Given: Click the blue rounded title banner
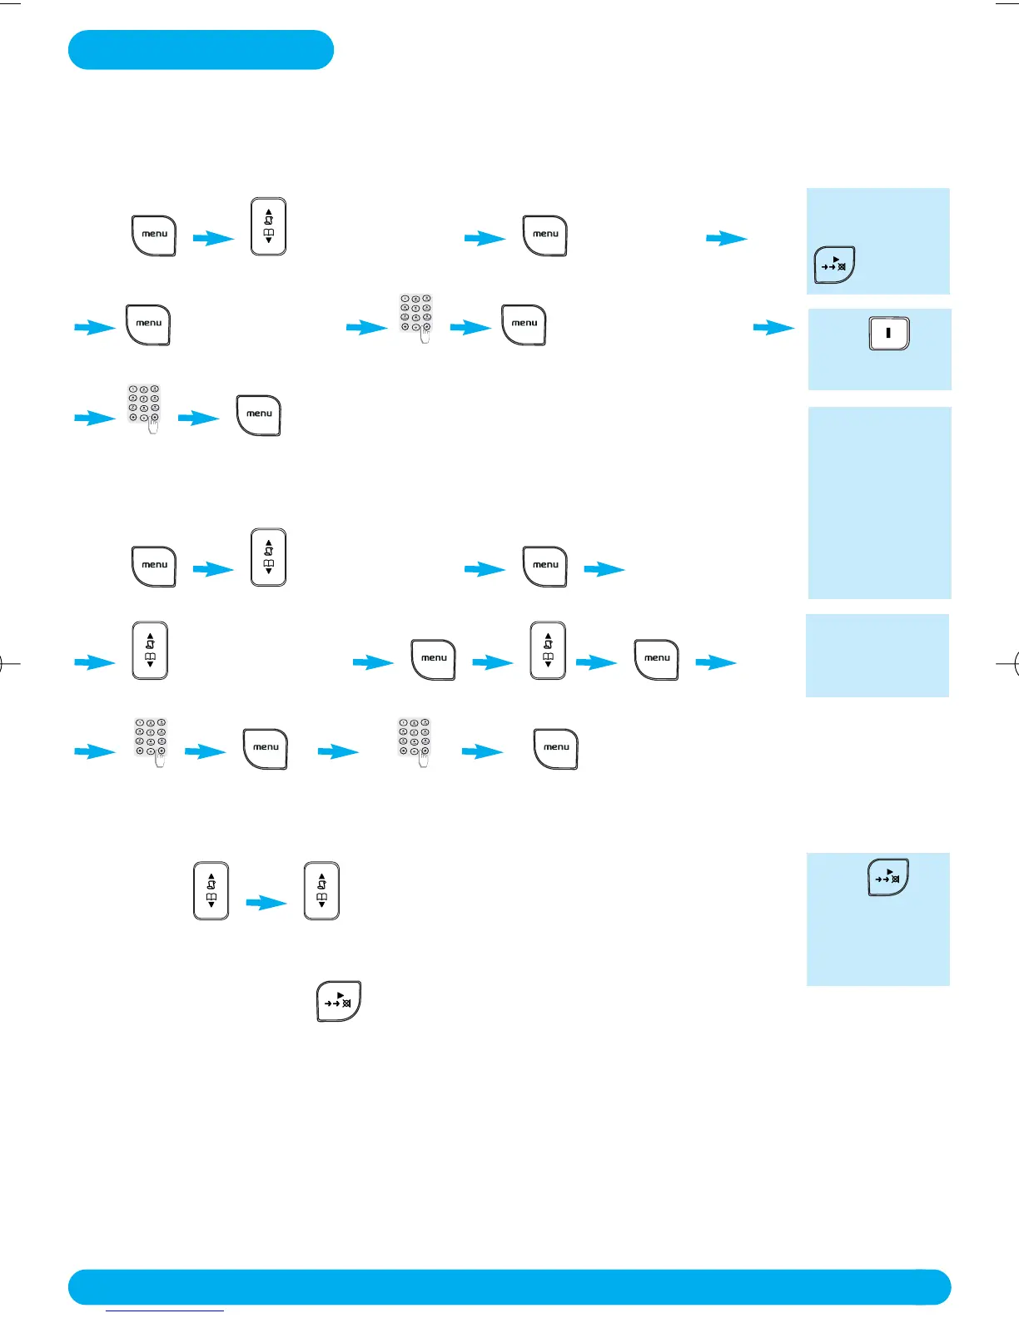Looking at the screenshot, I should pyautogui.click(x=201, y=50).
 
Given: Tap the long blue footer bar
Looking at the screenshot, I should pyautogui.click(x=509, y=1286).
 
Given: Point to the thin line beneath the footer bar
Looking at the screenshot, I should pyautogui.click(x=165, y=1311).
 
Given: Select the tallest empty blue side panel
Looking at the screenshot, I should pyautogui.click(x=879, y=503).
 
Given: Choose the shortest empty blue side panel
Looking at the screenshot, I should pyautogui.click(x=877, y=655).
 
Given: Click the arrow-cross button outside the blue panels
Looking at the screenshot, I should pyautogui.click(x=339, y=1001).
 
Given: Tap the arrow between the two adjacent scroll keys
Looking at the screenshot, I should pyautogui.click(x=266, y=903).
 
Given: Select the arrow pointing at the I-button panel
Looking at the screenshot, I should pyautogui.click(x=773, y=328).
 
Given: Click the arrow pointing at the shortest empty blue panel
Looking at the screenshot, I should pyautogui.click(x=716, y=662).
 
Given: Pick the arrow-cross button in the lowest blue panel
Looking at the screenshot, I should pyautogui.click(x=888, y=877).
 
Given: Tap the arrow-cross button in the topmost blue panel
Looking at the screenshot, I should pyautogui.click(x=834, y=265).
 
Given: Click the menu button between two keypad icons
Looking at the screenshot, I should pyautogui.click(x=266, y=749).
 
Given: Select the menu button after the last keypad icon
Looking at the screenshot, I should pyautogui.click(x=556, y=749).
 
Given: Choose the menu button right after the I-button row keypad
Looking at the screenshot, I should pyautogui.click(x=524, y=325).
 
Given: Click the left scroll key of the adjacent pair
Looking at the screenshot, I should pyautogui.click(x=211, y=890).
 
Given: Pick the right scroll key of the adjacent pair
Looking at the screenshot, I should pyautogui.click(x=322, y=890).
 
